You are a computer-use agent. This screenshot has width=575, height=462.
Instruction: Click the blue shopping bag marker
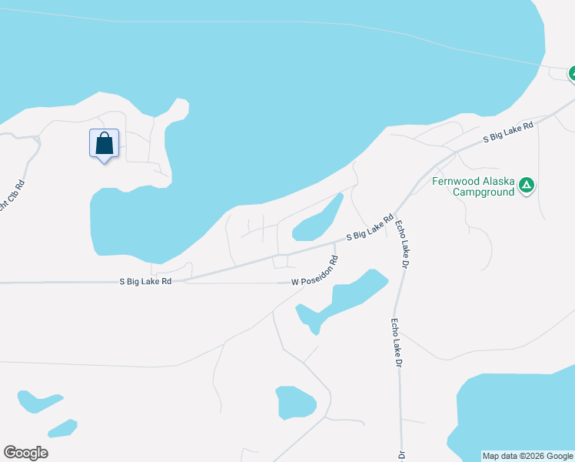[x=105, y=144]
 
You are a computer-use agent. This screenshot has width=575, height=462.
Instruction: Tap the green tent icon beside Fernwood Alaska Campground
[x=526, y=185]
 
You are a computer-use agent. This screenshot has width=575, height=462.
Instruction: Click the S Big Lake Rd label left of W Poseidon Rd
[x=145, y=282]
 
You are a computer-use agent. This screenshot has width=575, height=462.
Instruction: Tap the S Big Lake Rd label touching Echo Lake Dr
[x=370, y=229]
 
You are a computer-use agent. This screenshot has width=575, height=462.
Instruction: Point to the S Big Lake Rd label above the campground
[x=508, y=133]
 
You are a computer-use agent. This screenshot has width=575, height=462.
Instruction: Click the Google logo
[x=25, y=453]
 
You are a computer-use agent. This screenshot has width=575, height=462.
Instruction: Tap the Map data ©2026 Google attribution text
[x=527, y=456]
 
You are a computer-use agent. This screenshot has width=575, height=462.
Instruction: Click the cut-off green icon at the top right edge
[x=571, y=74]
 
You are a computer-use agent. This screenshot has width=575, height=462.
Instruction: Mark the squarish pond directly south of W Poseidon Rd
[x=295, y=402]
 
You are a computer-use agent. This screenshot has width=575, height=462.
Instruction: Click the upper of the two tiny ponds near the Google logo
[x=38, y=400]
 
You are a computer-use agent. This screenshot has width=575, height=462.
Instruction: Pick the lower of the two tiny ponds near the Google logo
[x=61, y=428]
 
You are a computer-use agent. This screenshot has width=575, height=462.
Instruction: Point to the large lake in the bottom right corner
[x=519, y=412]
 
